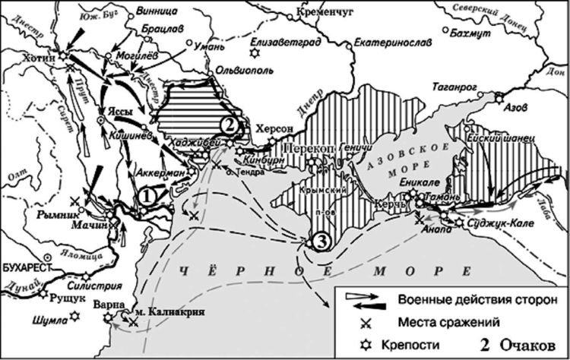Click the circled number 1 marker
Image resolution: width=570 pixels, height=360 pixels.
point(147,194)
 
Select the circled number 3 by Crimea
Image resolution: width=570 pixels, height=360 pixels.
point(320,242)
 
